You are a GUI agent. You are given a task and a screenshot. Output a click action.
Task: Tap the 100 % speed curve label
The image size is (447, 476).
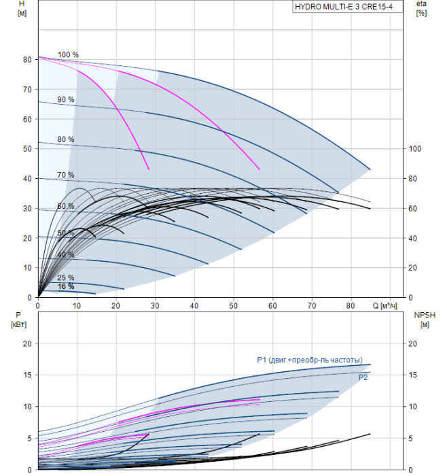point(68,54)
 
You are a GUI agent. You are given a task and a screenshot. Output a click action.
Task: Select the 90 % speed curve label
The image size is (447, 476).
point(66,99)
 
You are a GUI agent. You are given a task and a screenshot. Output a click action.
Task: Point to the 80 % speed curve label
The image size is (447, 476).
point(66,139)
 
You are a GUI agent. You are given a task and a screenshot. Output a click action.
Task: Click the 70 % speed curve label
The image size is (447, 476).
point(66,175)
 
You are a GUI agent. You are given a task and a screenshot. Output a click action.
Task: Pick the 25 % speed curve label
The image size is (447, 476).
point(66,277)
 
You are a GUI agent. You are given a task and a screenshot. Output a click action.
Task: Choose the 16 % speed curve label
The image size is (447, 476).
point(66,286)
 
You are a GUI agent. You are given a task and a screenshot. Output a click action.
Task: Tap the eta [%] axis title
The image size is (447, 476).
point(421,9)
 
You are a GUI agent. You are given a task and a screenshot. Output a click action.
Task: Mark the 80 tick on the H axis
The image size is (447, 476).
point(27,59)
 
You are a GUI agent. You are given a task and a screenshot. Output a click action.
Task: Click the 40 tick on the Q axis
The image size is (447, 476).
point(194,305)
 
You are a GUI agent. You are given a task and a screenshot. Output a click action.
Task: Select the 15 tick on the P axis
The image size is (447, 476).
point(27,375)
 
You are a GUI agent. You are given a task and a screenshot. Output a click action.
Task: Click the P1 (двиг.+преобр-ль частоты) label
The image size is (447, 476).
point(309,360)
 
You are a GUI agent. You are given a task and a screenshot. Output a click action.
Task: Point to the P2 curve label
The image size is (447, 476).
point(363,377)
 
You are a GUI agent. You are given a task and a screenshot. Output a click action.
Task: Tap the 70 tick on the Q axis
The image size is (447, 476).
point(312,305)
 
